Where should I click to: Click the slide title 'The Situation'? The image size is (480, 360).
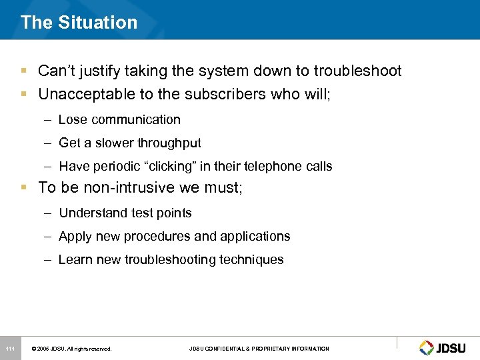79,22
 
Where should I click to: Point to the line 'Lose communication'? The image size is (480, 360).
119,120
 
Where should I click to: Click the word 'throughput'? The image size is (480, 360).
169,143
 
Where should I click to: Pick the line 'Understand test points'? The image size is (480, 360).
125,213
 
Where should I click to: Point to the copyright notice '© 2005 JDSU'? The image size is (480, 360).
71,349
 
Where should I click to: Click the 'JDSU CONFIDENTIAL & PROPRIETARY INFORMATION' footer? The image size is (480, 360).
259,349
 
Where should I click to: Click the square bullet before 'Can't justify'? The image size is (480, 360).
24,71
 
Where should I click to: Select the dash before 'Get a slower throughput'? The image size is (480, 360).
49,143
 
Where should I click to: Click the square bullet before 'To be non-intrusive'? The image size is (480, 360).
24,187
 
